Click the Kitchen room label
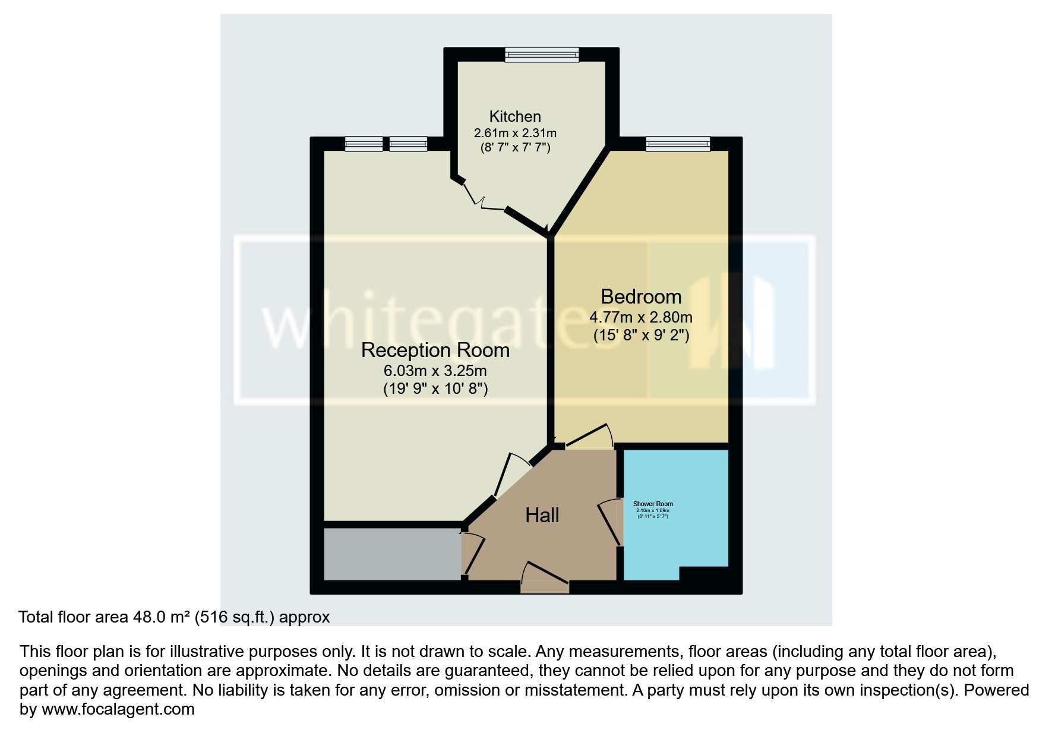(x=515, y=116)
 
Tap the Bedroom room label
(x=641, y=296)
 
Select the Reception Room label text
(x=435, y=350)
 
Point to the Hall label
(x=542, y=515)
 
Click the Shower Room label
(x=653, y=504)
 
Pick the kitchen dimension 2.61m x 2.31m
(x=515, y=133)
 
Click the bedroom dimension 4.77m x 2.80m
(x=641, y=317)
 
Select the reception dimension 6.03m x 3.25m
(x=435, y=371)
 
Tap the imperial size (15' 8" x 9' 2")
(x=641, y=336)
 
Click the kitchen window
(x=542, y=55)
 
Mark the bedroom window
(x=678, y=144)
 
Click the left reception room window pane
(x=364, y=144)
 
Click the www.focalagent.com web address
(x=118, y=709)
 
